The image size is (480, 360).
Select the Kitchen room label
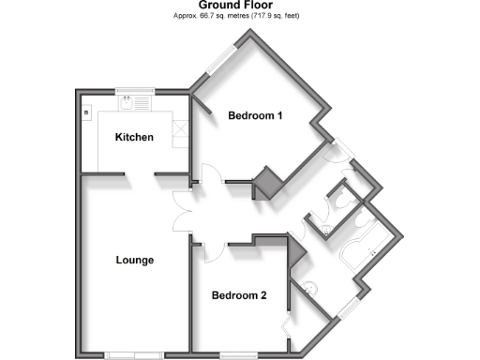134,138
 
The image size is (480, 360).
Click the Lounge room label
135,260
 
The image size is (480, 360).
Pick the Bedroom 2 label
239,296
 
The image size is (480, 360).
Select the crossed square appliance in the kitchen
182,133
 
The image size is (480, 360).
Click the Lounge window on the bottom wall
131,354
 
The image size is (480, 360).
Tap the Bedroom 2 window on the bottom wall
234,354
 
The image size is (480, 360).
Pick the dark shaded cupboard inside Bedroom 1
270,182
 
